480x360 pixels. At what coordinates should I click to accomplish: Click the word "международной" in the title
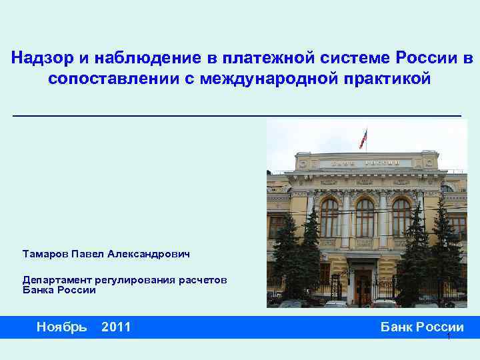coord(265,79)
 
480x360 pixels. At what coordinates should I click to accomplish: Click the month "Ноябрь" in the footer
coord(61,327)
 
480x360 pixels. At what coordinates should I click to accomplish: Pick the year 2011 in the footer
coord(116,327)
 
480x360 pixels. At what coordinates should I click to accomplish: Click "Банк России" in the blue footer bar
coord(421,327)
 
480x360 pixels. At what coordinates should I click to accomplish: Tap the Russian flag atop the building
coord(363,137)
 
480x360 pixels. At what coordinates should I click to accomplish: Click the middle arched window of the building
coord(365,217)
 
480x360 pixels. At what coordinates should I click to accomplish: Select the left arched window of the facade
coord(329,217)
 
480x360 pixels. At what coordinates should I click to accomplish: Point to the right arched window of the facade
coord(401,217)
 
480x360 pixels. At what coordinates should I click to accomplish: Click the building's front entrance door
coord(363,287)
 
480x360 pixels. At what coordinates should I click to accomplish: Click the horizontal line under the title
coord(237,115)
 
